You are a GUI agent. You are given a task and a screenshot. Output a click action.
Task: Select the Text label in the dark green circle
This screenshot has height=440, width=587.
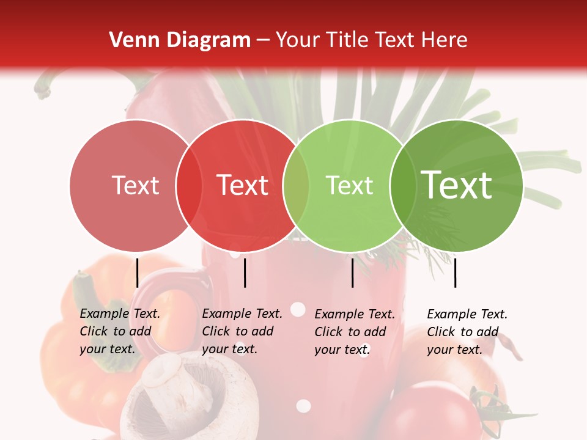[x=456, y=185]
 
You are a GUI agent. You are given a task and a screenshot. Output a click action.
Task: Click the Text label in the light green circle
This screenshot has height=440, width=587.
[x=349, y=186]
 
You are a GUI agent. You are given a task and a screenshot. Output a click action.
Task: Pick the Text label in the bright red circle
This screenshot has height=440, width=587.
[x=243, y=185]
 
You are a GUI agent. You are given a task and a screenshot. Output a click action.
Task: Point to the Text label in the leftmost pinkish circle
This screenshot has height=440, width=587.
[x=136, y=186]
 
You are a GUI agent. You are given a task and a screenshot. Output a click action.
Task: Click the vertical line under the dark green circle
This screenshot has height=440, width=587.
[x=456, y=273]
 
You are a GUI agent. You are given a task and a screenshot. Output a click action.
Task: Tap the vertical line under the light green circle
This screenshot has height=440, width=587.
[x=353, y=273]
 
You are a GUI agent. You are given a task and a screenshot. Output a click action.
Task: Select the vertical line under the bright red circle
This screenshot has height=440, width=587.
[x=245, y=273]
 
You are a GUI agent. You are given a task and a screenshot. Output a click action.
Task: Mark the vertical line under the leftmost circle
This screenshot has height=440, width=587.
[x=138, y=273]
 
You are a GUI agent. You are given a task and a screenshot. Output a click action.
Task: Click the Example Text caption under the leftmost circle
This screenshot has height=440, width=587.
[x=120, y=331]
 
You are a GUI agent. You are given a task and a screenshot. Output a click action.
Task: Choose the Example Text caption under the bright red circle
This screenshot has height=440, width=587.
[x=242, y=331]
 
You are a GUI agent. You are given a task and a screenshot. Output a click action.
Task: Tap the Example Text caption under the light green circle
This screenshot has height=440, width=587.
[x=355, y=332]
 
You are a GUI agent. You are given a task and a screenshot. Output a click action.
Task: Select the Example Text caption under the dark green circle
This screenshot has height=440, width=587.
[x=467, y=332]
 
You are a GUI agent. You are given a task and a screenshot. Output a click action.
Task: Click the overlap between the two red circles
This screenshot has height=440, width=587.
[x=189, y=186]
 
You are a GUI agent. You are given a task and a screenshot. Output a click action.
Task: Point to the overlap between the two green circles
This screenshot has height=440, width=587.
[x=401, y=186]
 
